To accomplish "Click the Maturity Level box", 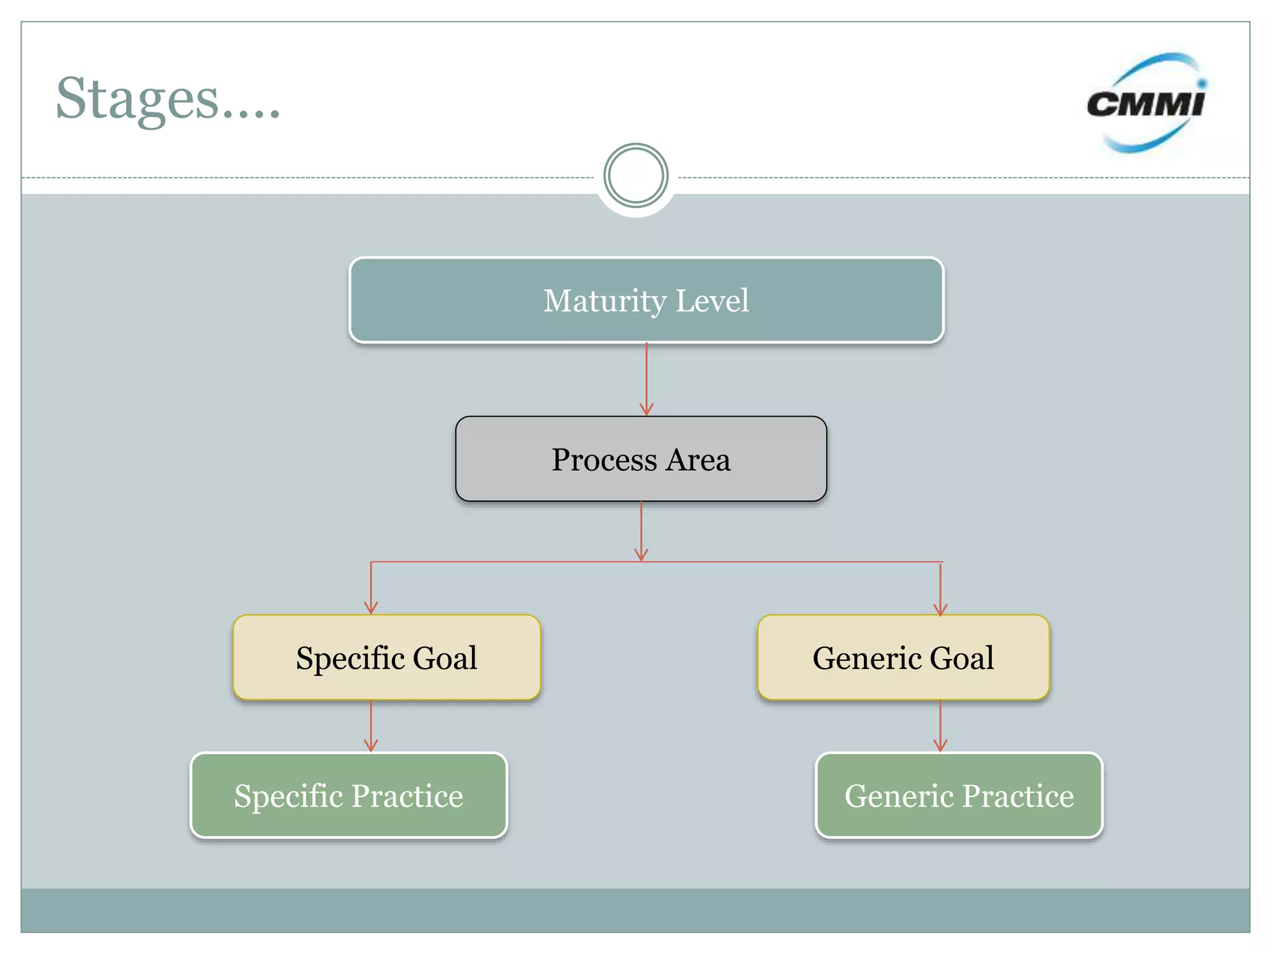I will pyautogui.click(x=646, y=301).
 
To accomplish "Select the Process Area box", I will pyautogui.click(x=641, y=460).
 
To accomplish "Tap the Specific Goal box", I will pyautogui.click(x=386, y=658).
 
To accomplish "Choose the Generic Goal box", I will pyautogui.click(x=903, y=658).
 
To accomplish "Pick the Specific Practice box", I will pyautogui.click(x=348, y=796).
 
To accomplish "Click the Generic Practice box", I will pyautogui.click(x=959, y=796).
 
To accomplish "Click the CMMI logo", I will pyautogui.click(x=1147, y=103).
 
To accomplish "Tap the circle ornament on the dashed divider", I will pyautogui.click(x=636, y=176).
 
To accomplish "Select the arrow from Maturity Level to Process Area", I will pyautogui.click(x=647, y=379).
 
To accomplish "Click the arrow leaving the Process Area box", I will pyautogui.click(x=642, y=531).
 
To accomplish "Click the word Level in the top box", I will pyautogui.click(x=712, y=301).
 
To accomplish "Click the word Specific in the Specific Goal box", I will pyautogui.click(x=350, y=658).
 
